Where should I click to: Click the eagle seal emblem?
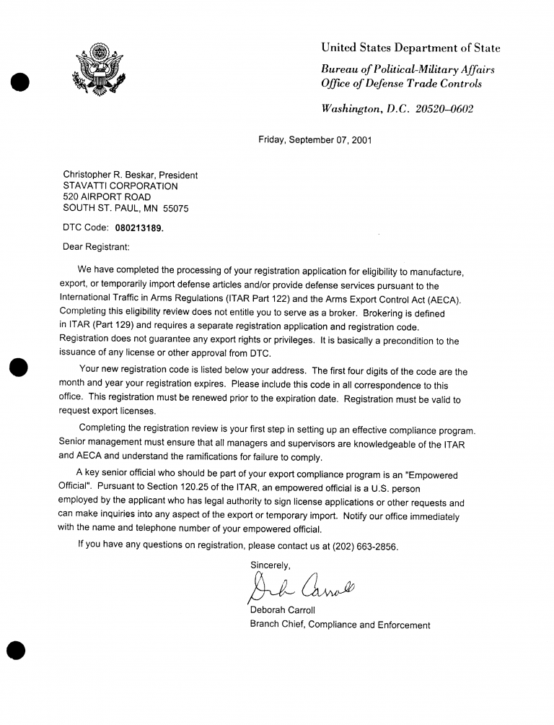pyautogui.click(x=98, y=69)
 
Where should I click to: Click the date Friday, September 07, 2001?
pyautogui.click(x=315, y=140)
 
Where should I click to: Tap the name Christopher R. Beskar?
pyautogui.click(x=108, y=175)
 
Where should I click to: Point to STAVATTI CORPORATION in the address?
pyautogui.click(x=120, y=186)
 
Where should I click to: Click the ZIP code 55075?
pyautogui.click(x=176, y=209)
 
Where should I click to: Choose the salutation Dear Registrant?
pyautogui.click(x=96, y=246)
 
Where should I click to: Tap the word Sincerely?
pyautogui.click(x=271, y=565)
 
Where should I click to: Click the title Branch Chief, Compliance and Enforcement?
pyautogui.click(x=340, y=625)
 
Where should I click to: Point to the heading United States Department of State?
pyautogui.click(x=410, y=48)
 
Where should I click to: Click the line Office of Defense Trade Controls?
pyautogui.click(x=401, y=84)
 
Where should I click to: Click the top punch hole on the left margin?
pyautogui.click(x=19, y=82)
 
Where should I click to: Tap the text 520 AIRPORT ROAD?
pyautogui.click(x=107, y=197)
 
